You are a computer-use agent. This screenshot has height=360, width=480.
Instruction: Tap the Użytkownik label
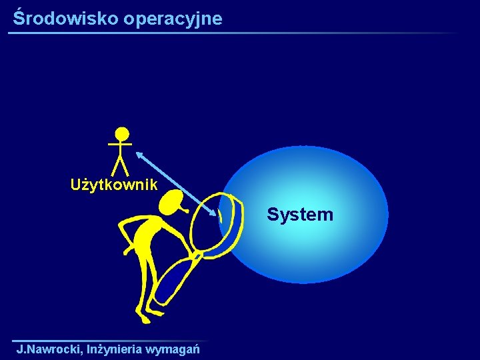tap(114, 185)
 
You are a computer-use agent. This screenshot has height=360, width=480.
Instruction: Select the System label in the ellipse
tap(299, 215)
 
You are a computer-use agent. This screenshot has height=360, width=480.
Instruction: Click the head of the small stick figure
tap(121, 134)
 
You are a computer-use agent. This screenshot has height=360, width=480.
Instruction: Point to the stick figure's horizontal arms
tap(120, 144)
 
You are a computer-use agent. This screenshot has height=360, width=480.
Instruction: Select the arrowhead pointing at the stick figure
tap(140, 154)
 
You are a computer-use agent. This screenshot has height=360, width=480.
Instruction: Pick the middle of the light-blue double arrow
tap(177, 183)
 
